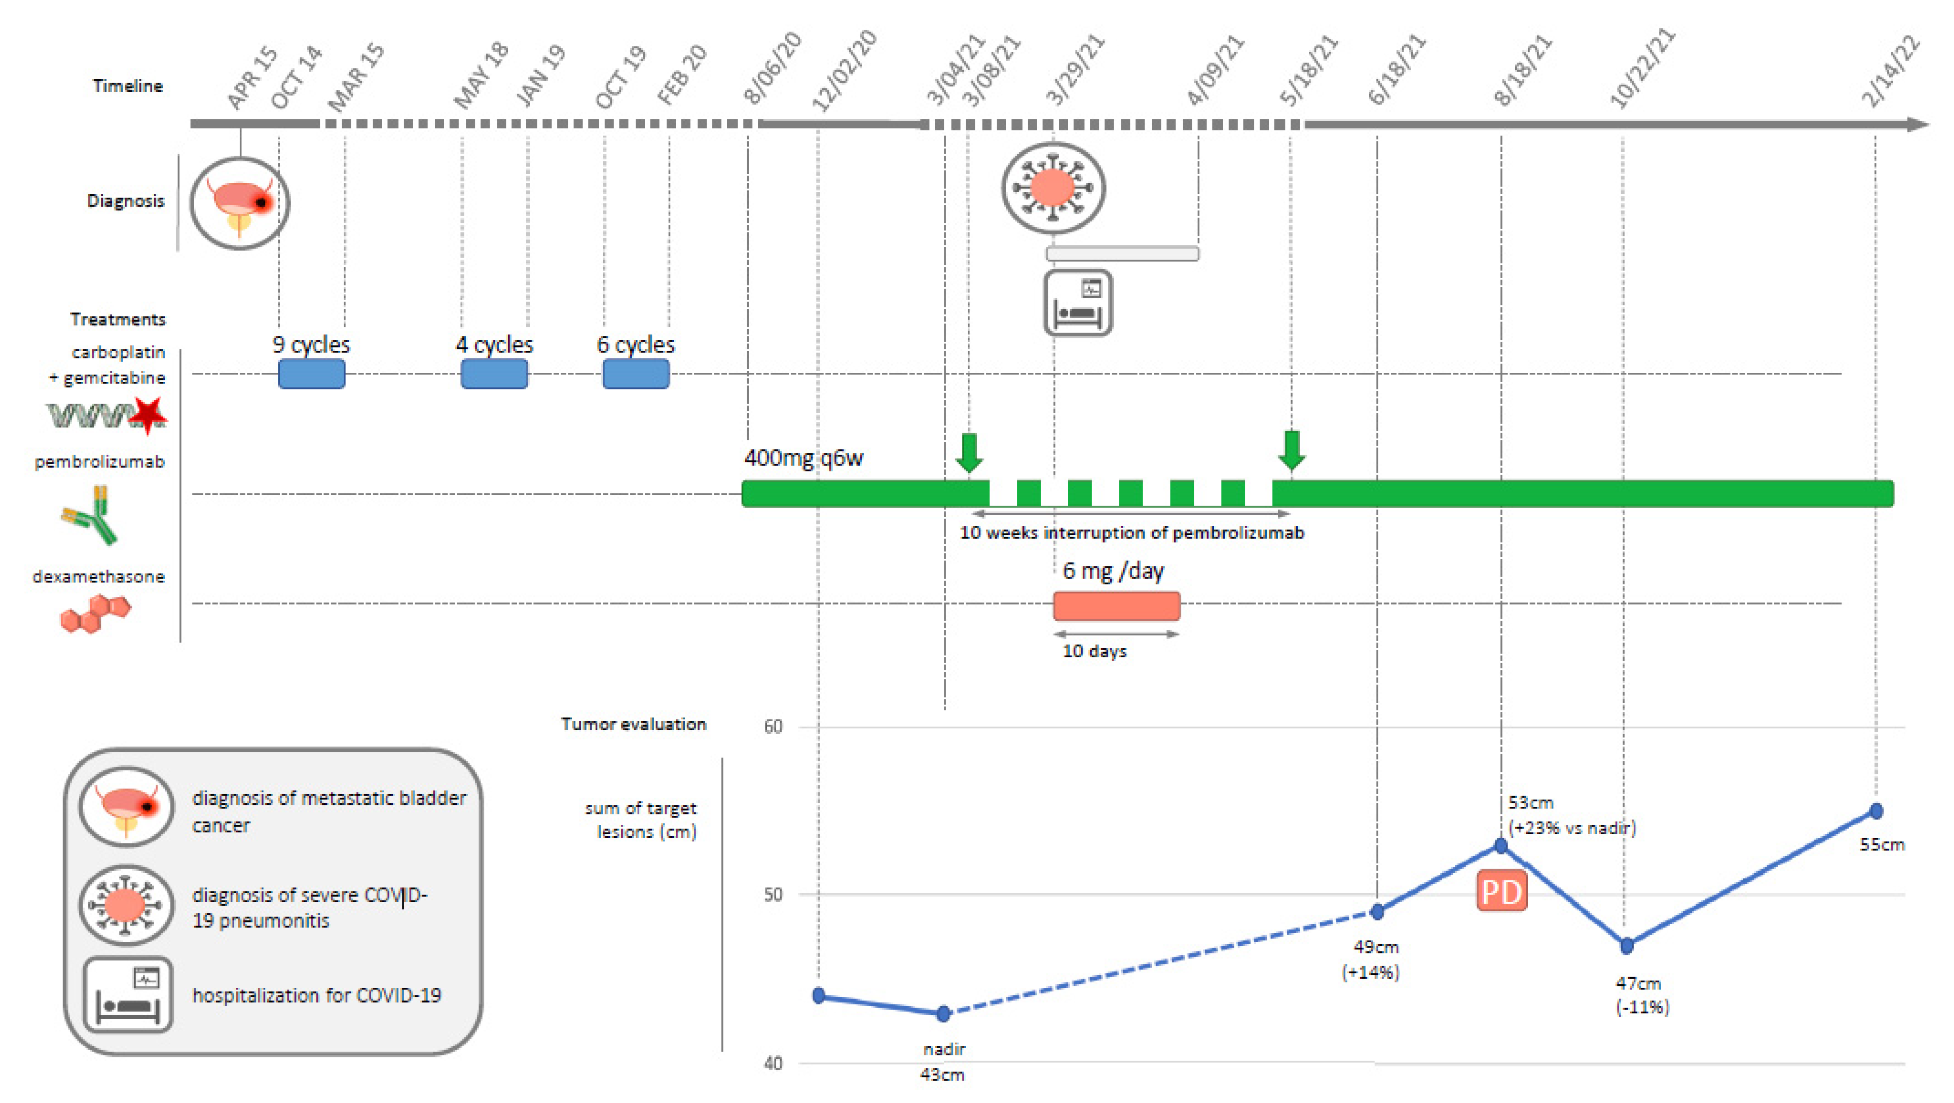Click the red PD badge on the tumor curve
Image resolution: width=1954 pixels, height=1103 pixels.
(1501, 891)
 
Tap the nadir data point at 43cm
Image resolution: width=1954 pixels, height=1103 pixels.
(943, 1013)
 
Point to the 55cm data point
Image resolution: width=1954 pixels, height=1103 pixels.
(1876, 811)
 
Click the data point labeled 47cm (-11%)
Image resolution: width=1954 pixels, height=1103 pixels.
(1626, 945)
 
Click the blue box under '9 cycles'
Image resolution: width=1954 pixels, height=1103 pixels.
(311, 374)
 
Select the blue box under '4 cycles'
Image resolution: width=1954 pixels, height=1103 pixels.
(494, 374)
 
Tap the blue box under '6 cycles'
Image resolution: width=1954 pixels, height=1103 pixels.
(636, 374)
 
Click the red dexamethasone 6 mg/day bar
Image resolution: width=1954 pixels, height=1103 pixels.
(1116, 606)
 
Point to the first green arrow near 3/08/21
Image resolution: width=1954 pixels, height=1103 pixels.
(969, 452)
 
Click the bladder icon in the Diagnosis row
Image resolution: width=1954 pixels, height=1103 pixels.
(240, 203)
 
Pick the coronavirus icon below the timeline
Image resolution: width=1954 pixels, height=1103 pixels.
(1053, 187)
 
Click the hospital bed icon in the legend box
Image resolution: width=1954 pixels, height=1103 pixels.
(128, 995)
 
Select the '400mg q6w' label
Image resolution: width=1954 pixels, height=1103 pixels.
(803, 458)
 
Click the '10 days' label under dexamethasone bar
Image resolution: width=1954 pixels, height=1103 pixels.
(1094, 651)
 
